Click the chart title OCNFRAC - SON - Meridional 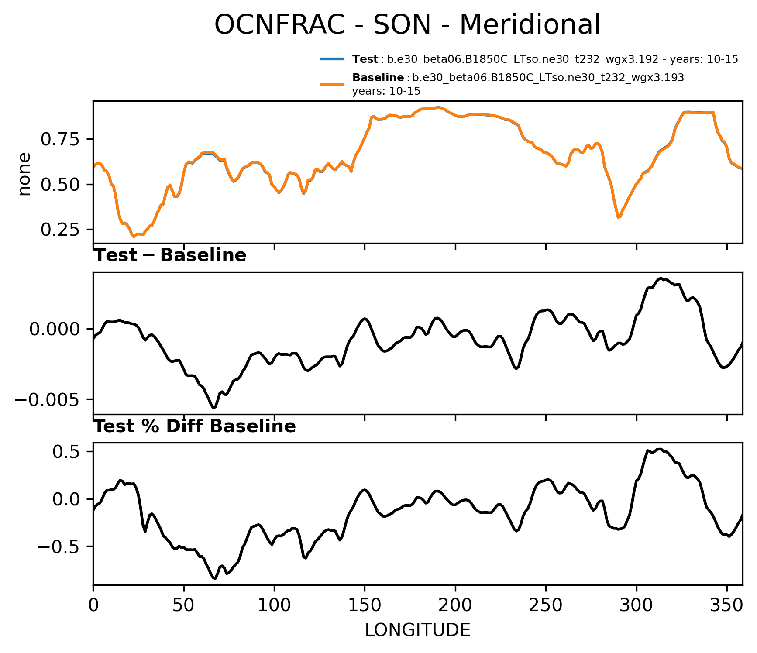pos(407,25)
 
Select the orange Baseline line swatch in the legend pos(333,85)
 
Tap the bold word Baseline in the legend pos(378,78)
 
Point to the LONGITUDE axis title pos(417,630)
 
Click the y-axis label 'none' pos(24,174)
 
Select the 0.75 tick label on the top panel pos(60,140)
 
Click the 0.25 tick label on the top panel pos(60,230)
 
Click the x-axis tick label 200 pos(455,605)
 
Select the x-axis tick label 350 pos(727,605)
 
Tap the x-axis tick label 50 pos(184,605)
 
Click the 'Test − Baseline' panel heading pos(170,255)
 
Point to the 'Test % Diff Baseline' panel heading pos(195,426)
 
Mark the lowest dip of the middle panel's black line pos(214,408)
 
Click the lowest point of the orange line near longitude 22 pos(134,237)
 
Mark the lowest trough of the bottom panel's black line pos(215,578)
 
